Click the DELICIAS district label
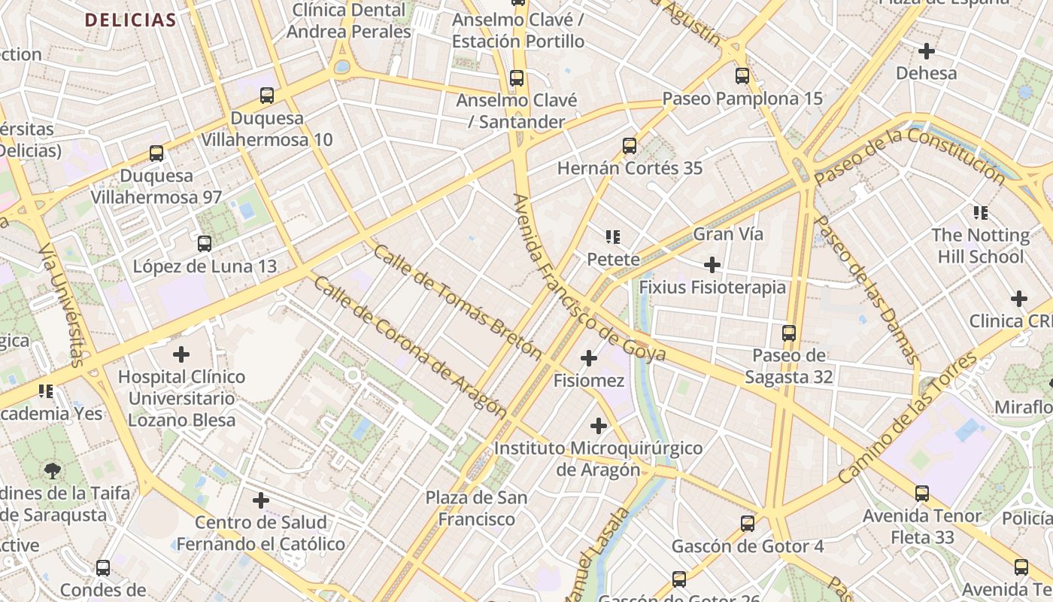click(x=130, y=20)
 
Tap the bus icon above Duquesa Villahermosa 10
click(x=267, y=96)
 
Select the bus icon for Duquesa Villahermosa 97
click(x=156, y=154)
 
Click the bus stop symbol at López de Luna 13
click(x=205, y=244)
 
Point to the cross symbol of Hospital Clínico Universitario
click(x=181, y=354)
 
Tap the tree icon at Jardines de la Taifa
click(x=53, y=471)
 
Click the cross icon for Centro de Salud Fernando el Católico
click(x=261, y=500)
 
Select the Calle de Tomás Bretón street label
click(x=457, y=302)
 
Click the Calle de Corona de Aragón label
click(x=410, y=346)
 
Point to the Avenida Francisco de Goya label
click(x=589, y=278)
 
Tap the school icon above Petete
click(x=613, y=238)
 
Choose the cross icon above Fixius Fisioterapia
click(x=712, y=265)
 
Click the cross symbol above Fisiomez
click(x=589, y=358)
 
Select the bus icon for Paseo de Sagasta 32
click(x=789, y=333)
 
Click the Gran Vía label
click(x=727, y=234)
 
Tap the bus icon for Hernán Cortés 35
click(x=630, y=146)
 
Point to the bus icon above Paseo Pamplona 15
click(x=742, y=76)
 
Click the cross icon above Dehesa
click(x=927, y=51)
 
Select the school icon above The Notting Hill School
click(x=980, y=213)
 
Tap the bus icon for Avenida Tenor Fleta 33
click(x=922, y=494)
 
